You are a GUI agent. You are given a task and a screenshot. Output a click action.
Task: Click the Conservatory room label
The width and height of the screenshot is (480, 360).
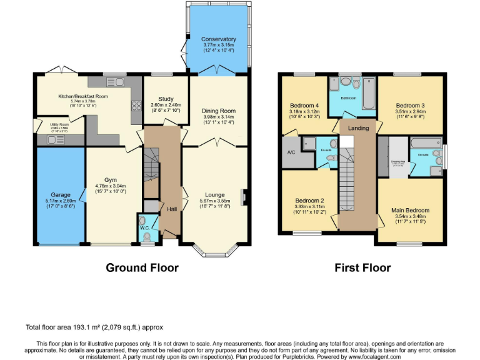(219, 39)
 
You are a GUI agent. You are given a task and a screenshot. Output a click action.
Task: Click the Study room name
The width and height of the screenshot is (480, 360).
(166, 99)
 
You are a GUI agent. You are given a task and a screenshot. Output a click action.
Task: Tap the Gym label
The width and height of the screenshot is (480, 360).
(111, 179)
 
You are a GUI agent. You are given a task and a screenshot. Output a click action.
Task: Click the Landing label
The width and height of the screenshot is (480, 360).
(358, 128)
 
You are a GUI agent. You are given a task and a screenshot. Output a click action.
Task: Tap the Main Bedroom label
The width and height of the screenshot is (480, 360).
(410, 210)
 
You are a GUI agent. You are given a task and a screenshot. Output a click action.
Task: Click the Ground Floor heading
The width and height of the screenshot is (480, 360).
(142, 267)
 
